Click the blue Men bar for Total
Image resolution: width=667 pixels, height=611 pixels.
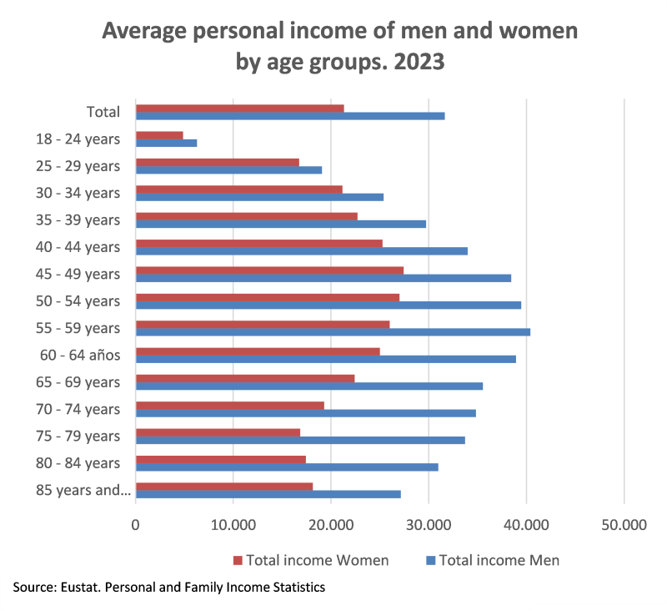tap(290, 116)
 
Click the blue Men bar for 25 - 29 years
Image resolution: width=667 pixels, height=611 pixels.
tap(228, 170)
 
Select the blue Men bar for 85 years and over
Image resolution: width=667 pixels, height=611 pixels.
tap(268, 494)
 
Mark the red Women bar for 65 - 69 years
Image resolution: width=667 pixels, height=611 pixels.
tap(245, 378)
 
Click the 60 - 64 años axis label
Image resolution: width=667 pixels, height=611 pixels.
tap(81, 355)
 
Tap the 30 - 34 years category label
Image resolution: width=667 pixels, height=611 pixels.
tap(78, 193)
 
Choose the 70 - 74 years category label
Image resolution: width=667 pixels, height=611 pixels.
tap(78, 409)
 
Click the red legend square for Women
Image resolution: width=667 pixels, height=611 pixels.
tap(237, 559)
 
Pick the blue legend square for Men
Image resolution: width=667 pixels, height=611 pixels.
tap(430, 559)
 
